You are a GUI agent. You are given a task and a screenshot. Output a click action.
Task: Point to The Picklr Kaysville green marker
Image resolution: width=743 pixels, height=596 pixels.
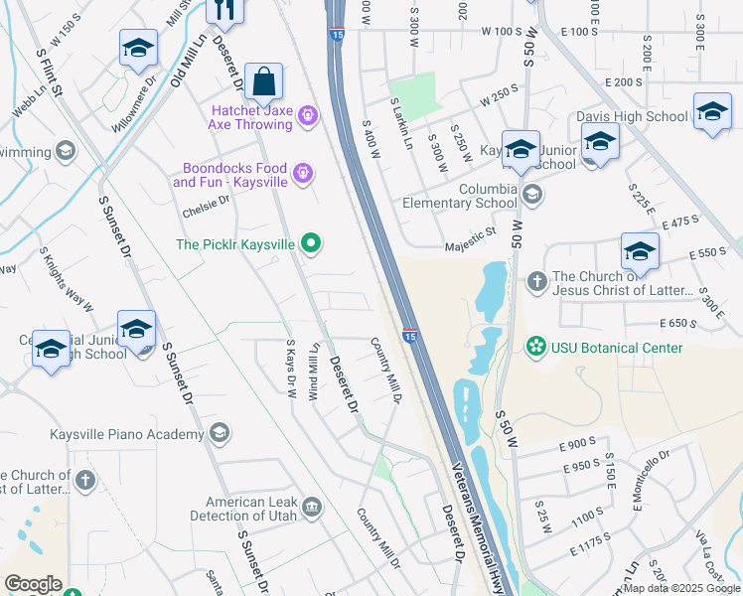click(x=312, y=243)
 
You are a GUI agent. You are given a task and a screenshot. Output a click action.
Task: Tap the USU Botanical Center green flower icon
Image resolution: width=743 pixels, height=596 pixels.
click(x=536, y=347)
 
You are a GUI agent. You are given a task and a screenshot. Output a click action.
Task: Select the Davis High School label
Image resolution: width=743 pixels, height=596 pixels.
click(x=632, y=116)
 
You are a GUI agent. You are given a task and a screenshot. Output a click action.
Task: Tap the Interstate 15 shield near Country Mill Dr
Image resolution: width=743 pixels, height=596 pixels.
click(x=409, y=336)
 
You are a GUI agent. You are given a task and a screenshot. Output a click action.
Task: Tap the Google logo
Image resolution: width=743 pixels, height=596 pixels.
click(x=34, y=584)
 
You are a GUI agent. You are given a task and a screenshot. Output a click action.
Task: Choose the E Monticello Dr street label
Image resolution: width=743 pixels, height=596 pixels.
click(x=650, y=480)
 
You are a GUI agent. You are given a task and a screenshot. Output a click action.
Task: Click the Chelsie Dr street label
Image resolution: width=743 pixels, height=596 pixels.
click(x=207, y=205)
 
